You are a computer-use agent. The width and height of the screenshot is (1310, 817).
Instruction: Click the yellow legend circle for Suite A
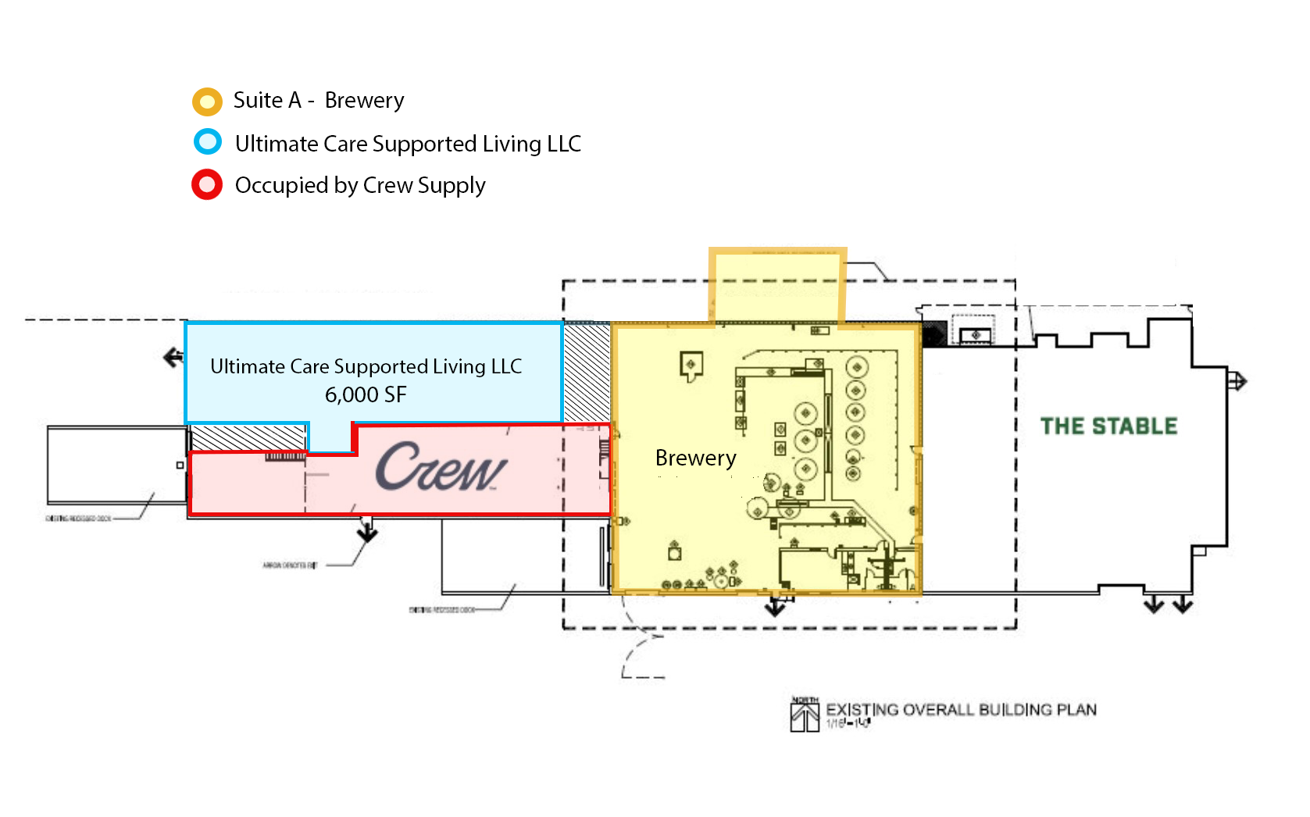click(207, 102)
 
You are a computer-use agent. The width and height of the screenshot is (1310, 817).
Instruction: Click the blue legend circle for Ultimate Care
click(208, 142)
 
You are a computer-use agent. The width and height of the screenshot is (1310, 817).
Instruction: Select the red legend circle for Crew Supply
click(207, 185)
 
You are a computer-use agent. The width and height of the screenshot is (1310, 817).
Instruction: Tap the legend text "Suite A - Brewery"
click(319, 101)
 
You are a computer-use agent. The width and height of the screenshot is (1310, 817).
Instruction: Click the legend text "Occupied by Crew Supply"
click(360, 186)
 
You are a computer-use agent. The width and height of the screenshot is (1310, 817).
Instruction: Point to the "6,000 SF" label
click(366, 395)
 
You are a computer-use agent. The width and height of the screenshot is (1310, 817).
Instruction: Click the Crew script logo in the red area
click(441, 468)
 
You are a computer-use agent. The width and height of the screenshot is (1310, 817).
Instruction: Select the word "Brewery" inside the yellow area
click(695, 458)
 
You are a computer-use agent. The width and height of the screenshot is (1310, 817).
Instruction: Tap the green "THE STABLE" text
click(1108, 426)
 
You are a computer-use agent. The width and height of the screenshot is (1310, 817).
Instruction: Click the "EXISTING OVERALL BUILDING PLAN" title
click(961, 710)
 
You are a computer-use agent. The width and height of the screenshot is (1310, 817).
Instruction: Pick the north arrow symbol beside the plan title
click(805, 715)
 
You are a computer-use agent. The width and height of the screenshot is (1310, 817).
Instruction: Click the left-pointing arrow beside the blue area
click(173, 358)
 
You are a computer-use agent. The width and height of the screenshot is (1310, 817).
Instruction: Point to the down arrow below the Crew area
click(367, 533)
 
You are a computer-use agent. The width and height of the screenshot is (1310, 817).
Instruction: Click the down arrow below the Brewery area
click(775, 607)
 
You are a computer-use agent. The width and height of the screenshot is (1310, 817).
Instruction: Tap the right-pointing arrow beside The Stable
click(1237, 382)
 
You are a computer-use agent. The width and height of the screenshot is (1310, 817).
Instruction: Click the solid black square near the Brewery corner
click(934, 334)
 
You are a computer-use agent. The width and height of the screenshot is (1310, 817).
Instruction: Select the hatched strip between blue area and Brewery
click(587, 373)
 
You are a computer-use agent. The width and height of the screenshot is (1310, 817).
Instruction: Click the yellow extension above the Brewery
click(777, 286)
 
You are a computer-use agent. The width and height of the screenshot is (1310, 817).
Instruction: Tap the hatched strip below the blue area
click(248, 437)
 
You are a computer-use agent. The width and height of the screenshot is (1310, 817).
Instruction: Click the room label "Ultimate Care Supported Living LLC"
click(366, 366)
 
